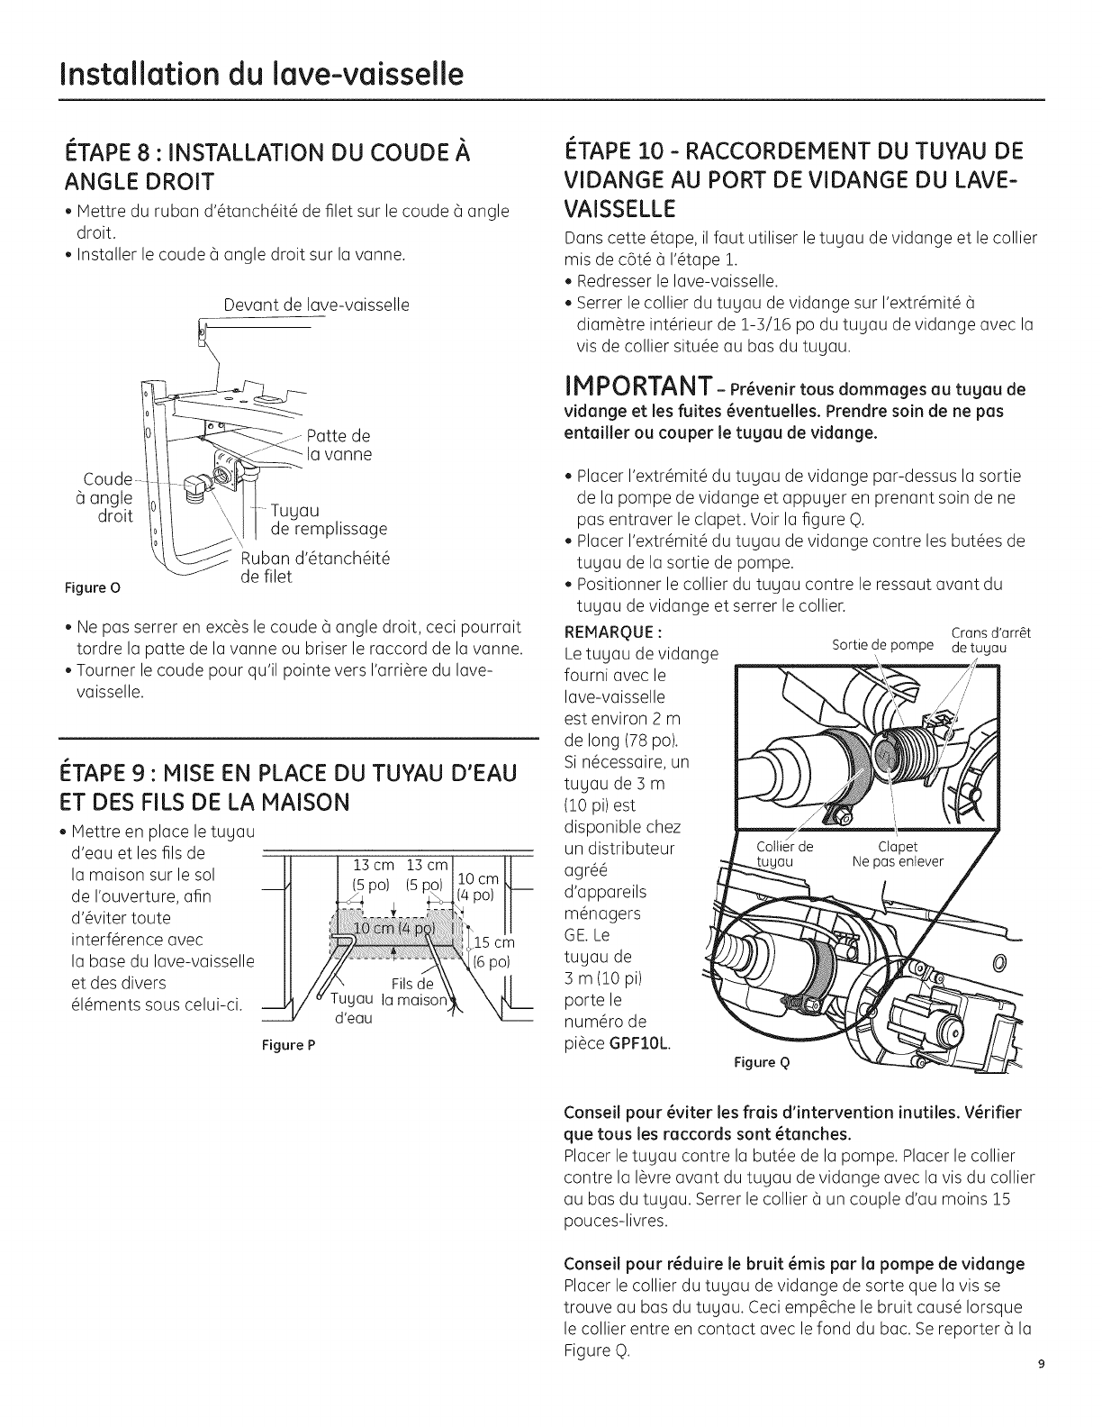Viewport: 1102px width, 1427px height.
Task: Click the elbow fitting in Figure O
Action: pos(197,488)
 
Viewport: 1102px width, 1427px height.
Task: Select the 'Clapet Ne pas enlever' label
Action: pos(898,854)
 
